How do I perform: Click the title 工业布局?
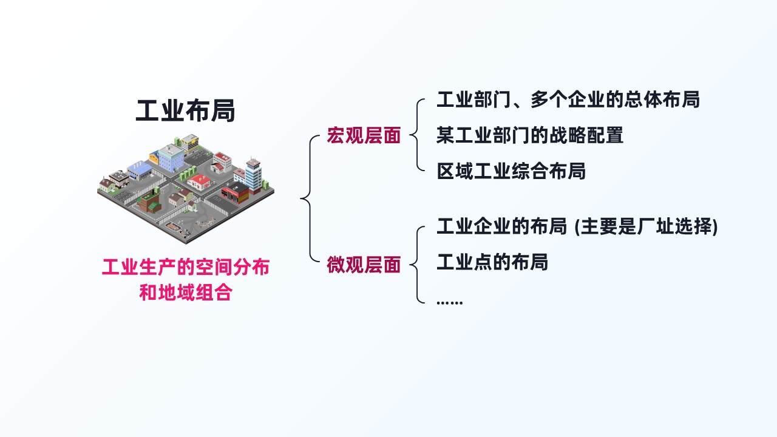(x=185, y=110)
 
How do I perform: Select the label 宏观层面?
(x=364, y=135)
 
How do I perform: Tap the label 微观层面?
(x=364, y=265)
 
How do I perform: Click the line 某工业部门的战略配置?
(x=530, y=135)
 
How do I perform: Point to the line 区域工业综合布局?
(x=511, y=171)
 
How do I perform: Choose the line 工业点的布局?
(x=492, y=262)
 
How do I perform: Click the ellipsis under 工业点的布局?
(x=449, y=302)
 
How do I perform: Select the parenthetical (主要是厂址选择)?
(x=646, y=226)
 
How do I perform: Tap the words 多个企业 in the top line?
(x=568, y=100)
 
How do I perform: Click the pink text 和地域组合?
(x=186, y=293)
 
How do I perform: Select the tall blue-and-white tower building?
(x=253, y=175)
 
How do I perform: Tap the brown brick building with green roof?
(x=149, y=202)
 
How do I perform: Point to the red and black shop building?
(x=235, y=193)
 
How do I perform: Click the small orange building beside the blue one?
(x=154, y=157)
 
